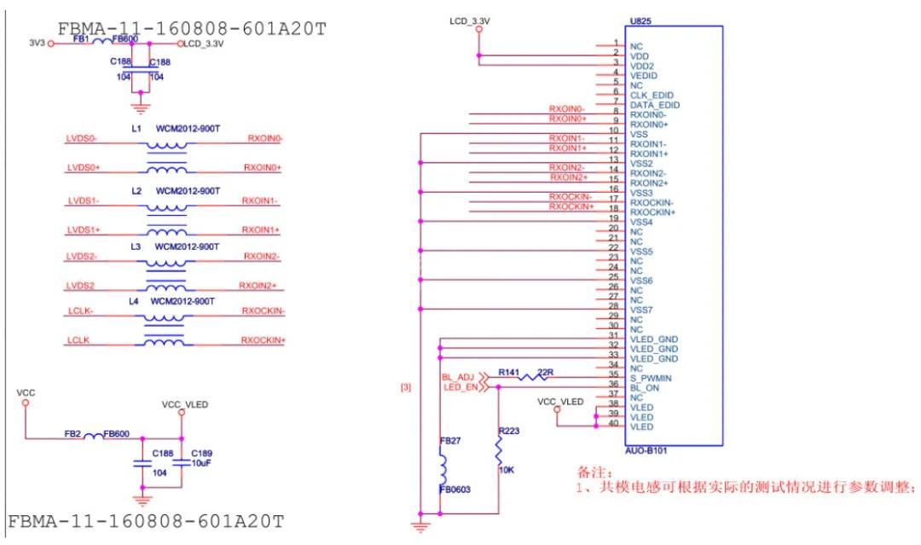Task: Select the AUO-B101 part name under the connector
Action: click(x=645, y=452)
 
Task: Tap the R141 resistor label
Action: click(x=509, y=373)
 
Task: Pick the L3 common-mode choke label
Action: click(x=135, y=246)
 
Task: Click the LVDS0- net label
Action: click(x=83, y=137)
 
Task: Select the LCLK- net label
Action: click(x=80, y=311)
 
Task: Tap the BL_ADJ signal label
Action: click(x=457, y=376)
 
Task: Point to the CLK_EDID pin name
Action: click(x=652, y=95)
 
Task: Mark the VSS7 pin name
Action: click(x=640, y=310)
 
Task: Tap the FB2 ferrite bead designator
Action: click(x=72, y=434)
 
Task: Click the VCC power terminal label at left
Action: click(x=26, y=392)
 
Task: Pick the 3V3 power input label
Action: click(x=37, y=43)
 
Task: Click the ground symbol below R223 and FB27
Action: click(x=420, y=526)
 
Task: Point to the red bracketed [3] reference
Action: click(x=405, y=387)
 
